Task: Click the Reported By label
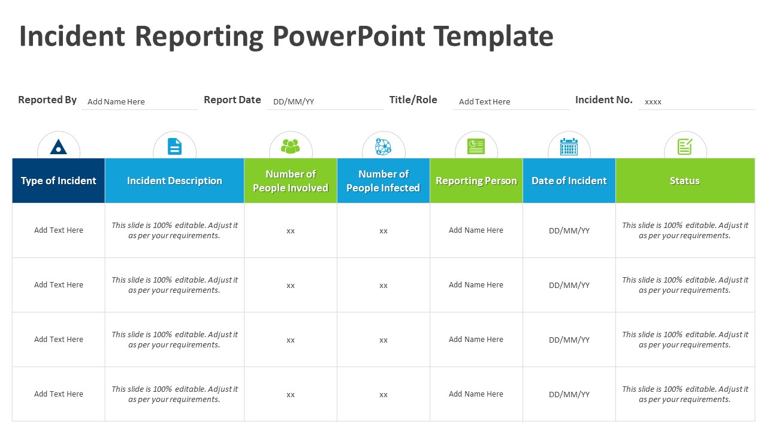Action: [x=47, y=100]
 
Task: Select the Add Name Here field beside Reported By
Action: [x=116, y=101]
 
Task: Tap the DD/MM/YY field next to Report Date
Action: [x=294, y=101]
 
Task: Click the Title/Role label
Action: [x=413, y=100]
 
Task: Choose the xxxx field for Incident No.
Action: [x=653, y=101]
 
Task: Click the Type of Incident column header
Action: [x=59, y=181]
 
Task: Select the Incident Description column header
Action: [x=174, y=181]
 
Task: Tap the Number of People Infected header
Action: [x=383, y=181]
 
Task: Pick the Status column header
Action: [x=685, y=181]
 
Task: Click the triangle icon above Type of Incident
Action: [x=59, y=146]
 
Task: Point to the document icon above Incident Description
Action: [x=174, y=146]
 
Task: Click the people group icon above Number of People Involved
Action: [x=291, y=146]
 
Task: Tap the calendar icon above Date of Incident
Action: [x=569, y=146]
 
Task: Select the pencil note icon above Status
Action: [x=685, y=146]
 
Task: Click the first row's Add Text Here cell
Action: [x=59, y=230]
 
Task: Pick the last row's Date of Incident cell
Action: [x=569, y=394]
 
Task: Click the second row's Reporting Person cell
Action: [x=476, y=285]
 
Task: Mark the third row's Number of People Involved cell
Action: [x=291, y=340]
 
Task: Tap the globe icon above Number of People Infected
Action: [x=383, y=146]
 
